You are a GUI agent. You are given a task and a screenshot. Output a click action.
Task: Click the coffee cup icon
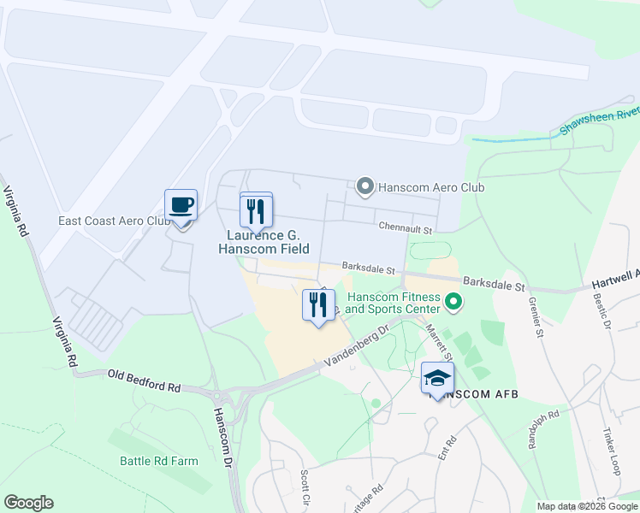click(181, 206)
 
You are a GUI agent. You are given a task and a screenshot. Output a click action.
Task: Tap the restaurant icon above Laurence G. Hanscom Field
click(256, 209)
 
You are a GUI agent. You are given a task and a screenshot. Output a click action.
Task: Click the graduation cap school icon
click(437, 378)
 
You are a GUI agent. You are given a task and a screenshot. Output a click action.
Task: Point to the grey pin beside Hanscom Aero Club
click(364, 186)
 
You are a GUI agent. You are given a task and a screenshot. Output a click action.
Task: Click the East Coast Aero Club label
click(115, 221)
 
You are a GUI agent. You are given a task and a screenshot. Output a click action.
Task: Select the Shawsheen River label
click(600, 122)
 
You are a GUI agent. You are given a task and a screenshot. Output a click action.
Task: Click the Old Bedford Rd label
click(144, 380)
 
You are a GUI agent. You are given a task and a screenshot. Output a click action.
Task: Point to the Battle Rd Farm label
click(158, 461)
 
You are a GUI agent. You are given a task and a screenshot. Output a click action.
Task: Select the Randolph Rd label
click(542, 427)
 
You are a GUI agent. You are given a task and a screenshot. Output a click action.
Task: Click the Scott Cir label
click(305, 485)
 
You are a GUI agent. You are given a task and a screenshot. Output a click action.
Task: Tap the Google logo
click(28, 503)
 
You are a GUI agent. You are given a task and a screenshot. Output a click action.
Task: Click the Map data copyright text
click(587, 506)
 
